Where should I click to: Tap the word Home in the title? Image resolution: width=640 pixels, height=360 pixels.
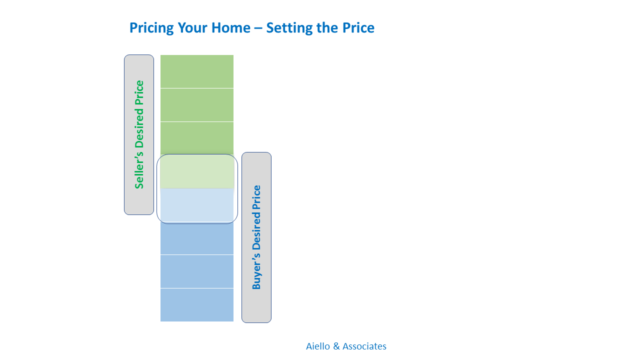tap(231, 27)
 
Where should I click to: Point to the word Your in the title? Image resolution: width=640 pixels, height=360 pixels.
tap(192, 27)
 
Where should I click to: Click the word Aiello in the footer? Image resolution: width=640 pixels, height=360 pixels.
tap(318, 346)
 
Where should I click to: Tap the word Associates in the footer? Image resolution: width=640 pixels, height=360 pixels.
tap(364, 346)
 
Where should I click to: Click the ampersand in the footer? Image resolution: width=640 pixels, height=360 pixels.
tap(336, 346)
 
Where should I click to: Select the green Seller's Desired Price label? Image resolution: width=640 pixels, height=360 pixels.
tap(139, 134)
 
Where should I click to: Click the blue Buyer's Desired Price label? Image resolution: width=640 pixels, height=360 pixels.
tap(256, 237)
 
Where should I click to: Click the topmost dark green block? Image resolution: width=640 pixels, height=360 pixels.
tap(197, 71)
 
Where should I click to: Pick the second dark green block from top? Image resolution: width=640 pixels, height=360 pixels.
tap(197, 105)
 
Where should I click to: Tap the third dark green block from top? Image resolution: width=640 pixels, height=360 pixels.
tap(197, 138)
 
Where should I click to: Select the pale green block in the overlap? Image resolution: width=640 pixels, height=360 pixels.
tap(197, 171)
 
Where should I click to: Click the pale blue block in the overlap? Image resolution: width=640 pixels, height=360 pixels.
tap(197, 205)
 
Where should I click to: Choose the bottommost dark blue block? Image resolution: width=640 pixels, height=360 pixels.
tap(197, 305)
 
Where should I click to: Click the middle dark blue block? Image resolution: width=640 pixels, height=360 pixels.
tap(197, 271)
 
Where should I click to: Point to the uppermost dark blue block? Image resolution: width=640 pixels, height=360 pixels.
tap(197, 238)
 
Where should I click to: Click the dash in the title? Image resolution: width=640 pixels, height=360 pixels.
tap(258, 29)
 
